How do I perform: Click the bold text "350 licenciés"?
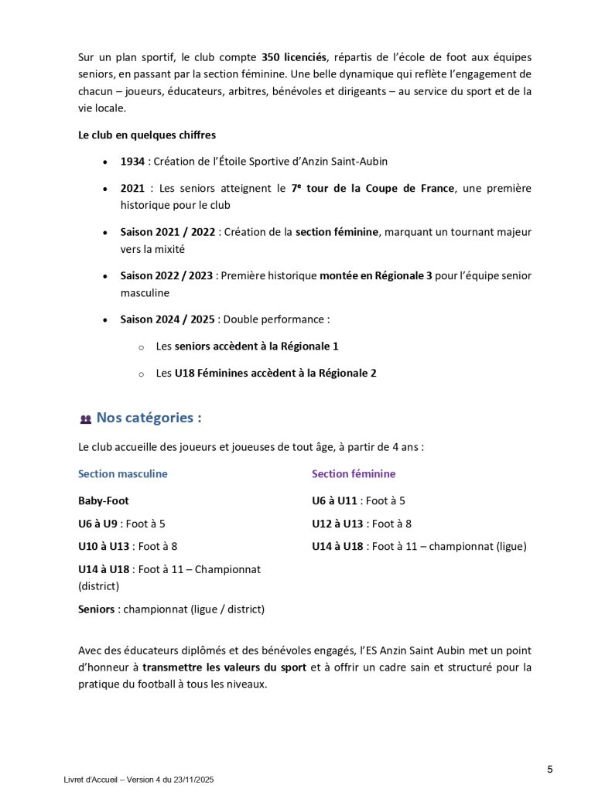tap(295, 57)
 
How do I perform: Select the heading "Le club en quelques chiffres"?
tap(147, 135)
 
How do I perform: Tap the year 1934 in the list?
tap(132, 162)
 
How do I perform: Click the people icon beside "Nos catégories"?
tap(85, 419)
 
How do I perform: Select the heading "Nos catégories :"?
tap(149, 418)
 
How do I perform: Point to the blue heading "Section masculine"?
tap(123, 473)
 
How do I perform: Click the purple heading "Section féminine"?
tap(354, 473)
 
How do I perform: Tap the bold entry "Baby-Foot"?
tap(104, 500)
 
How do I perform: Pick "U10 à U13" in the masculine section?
tap(104, 546)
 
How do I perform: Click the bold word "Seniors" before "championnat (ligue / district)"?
tap(96, 609)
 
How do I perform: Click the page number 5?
tap(549, 769)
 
